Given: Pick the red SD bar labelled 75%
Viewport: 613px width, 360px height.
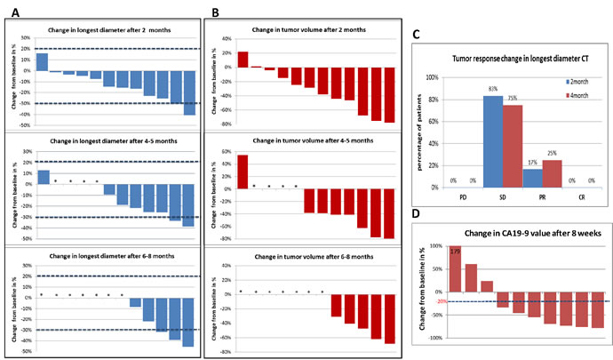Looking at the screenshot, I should tap(513, 146).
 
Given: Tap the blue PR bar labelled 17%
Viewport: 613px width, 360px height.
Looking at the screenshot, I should tap(532, 177).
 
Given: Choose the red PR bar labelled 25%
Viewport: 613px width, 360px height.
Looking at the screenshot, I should tap(552, 173).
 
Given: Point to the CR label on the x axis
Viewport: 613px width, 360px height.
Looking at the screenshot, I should tap(582, 196).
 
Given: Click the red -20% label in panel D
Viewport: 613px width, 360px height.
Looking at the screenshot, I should tap(438, 302).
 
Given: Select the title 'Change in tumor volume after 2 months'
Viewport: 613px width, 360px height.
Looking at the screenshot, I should tap(302, 32).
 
